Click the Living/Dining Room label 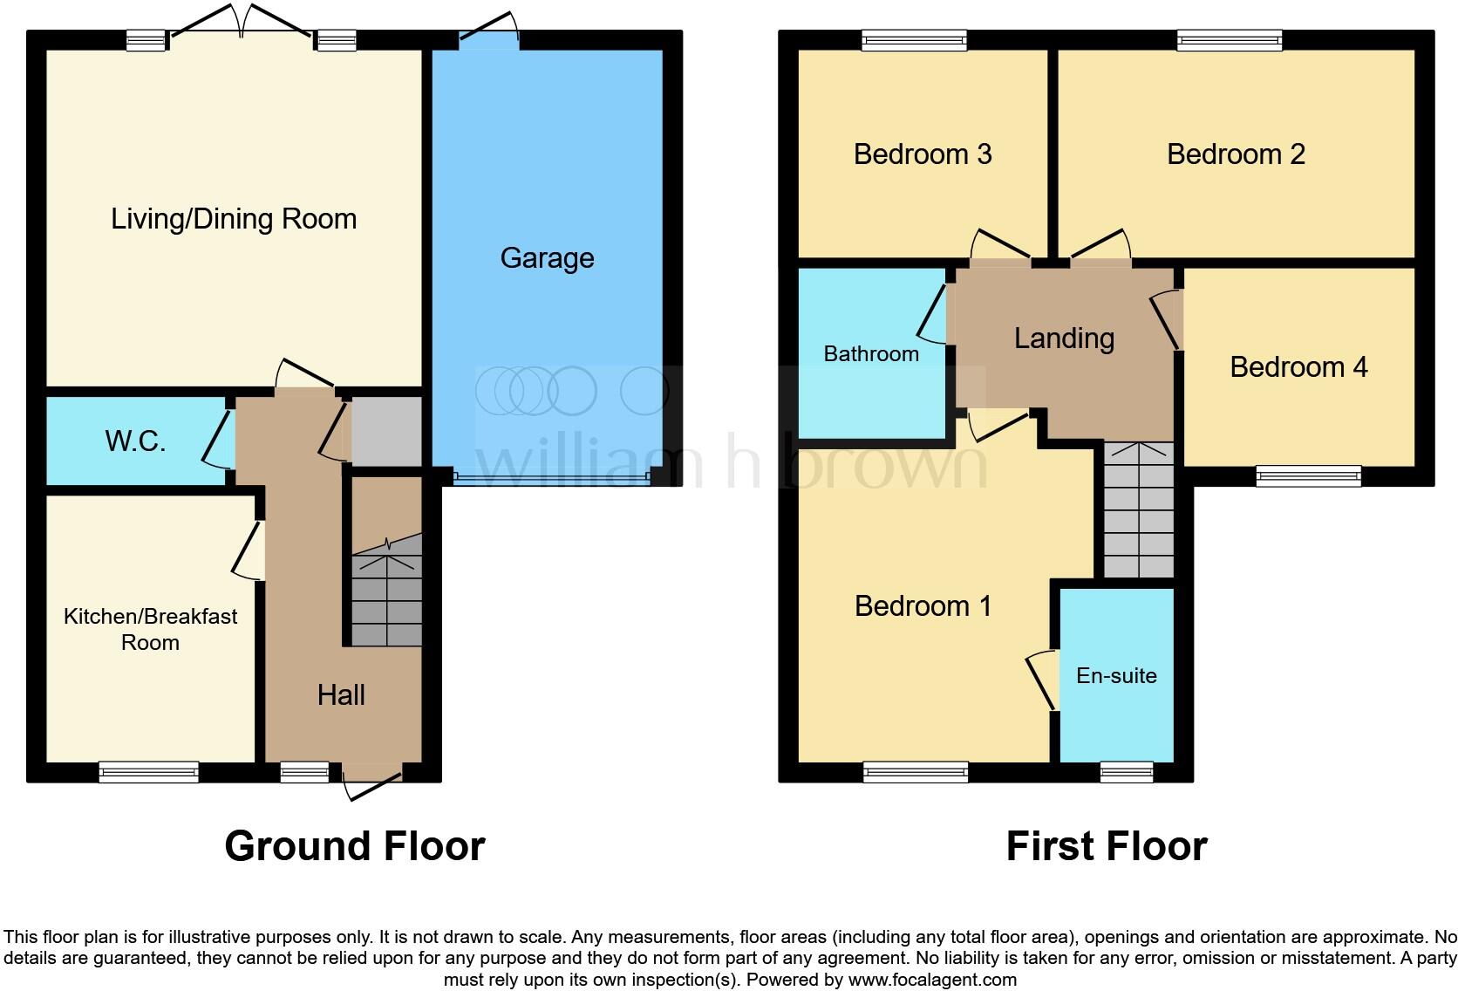pos(234,219)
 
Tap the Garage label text pos(547,258)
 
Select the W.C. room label pos(135,441)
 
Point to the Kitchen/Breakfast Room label pos(150,629)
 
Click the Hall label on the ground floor pos(341,695)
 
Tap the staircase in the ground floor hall pos(386,593)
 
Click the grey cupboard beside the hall pos(386,431)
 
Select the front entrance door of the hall pos(372,781)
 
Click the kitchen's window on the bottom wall pos(148,771)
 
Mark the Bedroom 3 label pos(923,154)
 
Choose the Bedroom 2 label pos(1236,154)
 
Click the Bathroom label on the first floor pos(871,353)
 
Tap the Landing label pos(1064,338)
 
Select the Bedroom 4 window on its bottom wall pos(1308,475)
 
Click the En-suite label pos(1116,675)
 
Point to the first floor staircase pos(1138,510)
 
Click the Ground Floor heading pos(354,846)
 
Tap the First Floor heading pos(1106,846)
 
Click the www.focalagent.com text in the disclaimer pos(932,980)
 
